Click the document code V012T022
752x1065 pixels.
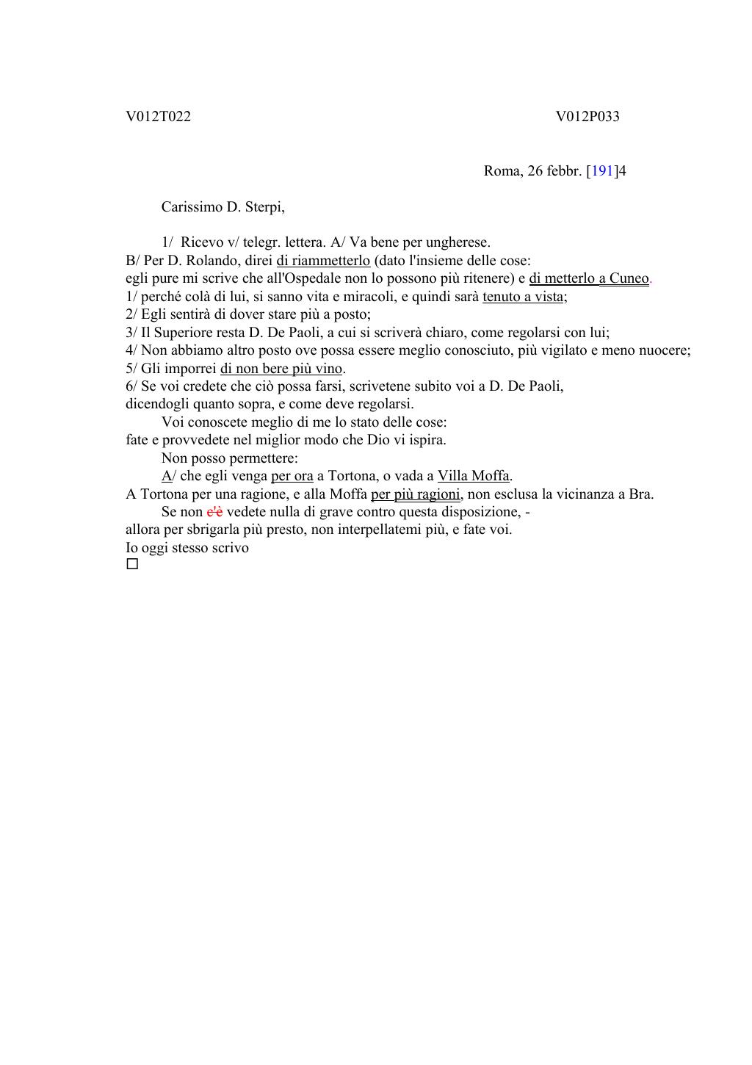click(158, 117)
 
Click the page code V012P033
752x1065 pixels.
click(587, 117)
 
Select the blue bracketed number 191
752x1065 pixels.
click(602, 171)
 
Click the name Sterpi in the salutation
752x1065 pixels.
click(264, 207)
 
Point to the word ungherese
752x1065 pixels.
click(459, 242)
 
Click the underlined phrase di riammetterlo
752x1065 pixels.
click(323, 261)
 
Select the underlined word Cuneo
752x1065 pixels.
click(629, 278)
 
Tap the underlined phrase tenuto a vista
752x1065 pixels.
click(522, 297)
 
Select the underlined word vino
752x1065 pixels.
click(328, 369)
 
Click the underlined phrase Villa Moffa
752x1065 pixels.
click(473, 476)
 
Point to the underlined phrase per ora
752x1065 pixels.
click(292, 476)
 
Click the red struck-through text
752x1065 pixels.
click(214, 512)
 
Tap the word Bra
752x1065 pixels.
click(640, 494)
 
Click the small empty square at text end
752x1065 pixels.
click(132, 564)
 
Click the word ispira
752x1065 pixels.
click(427, 440)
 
